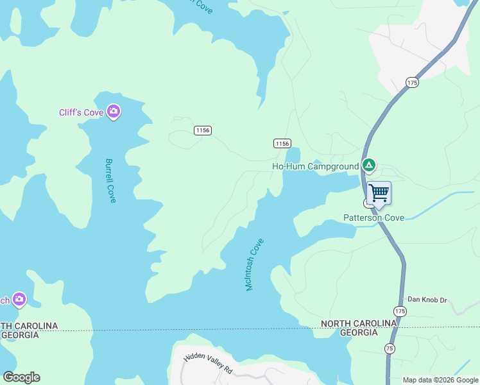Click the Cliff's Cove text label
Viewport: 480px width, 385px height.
pyautogui.click(x=81, y=113)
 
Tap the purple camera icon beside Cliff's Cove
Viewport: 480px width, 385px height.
pyautogui.click(x=114, y=112)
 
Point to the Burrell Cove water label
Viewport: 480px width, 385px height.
pyautogui.click(x=110, y=181)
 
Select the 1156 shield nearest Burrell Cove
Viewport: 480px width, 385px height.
pyautogui.click(x=203, y=130)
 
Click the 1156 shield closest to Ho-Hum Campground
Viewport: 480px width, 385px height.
pyautogui.click(x=282, y=143)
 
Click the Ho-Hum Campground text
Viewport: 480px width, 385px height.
pyautogui.click(x=315, y=167)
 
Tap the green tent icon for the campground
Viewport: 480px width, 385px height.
pyautogui.click(x=368, y=166)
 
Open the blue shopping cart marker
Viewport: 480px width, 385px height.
pyautogui.click(x=379, y=193)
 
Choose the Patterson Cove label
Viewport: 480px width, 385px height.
pyautogui.click(x=373, y=218)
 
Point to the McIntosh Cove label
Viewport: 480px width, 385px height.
pyautogui.click(x=255, y=264)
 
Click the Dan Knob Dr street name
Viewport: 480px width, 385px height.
pyautogui.click(x=427, y=300)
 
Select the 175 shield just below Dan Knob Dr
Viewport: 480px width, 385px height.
pyautogui.click(x=401, y=311)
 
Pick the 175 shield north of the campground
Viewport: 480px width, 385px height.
pyautogui.click(x=412, y=82)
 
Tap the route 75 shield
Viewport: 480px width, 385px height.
pyautogui.click(x=390, y=348)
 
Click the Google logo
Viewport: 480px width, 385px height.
pyautogui.click(x=21, y=377)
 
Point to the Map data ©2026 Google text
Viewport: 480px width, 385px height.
pyautogui.click(x=440, y=380)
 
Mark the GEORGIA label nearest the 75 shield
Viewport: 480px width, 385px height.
pyautogui.click(x=358, y=333)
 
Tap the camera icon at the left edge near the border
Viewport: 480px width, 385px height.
pyautogui.click(x=19, y=299)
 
